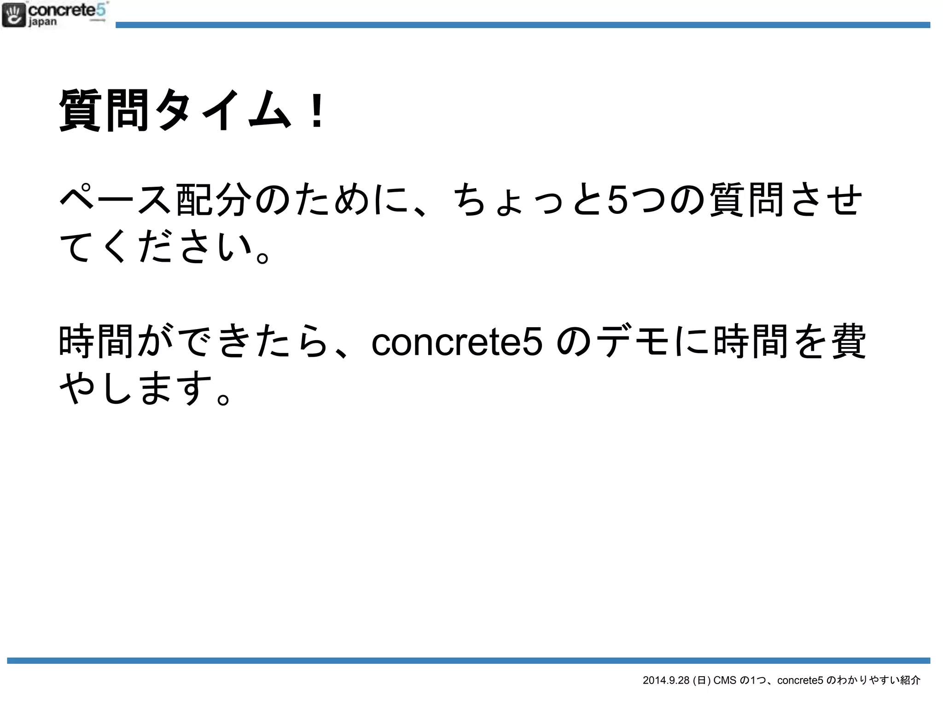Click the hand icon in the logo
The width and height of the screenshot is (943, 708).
click(14, 15)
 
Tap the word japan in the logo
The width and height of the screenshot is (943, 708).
click(43, 22)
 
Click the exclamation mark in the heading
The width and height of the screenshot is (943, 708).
click(317, 111)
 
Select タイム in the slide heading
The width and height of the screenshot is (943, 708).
click(223, 111)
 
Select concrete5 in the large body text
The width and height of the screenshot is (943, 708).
click(457, 342)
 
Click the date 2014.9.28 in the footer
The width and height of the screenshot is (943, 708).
click(666, 680)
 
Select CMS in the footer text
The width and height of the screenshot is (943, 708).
click(725, 680)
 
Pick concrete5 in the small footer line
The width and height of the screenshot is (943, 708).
click(800, 680)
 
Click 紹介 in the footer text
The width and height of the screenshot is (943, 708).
click(910, 680)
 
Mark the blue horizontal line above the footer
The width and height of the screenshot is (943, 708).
click(468, 661)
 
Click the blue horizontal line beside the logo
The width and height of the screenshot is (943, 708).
click(523, 25)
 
